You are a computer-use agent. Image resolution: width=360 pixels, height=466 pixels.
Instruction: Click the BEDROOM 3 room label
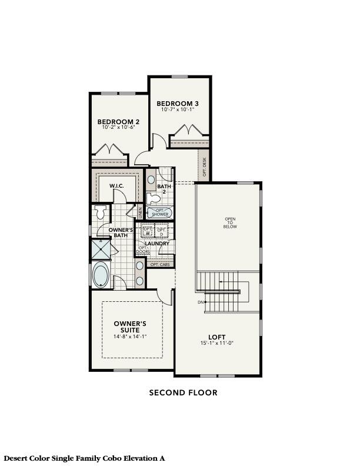coord(177,104)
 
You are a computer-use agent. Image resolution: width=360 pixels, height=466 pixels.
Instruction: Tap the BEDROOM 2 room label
coord(118,122)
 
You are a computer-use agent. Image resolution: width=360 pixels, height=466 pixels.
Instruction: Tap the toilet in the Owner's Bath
coord(99,212)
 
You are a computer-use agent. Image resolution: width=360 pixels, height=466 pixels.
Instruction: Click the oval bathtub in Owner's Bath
coord(101,275)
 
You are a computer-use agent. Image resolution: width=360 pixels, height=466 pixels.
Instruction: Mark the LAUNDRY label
coord(158,243)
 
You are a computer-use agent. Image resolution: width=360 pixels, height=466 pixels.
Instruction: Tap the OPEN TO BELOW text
coord(230,223)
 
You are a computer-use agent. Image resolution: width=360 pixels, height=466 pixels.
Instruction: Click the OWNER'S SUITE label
coord(130,327)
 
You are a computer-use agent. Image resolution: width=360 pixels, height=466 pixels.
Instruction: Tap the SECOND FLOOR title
coord(183,392)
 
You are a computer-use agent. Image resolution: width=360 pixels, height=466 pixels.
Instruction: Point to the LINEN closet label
coord(140,210)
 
